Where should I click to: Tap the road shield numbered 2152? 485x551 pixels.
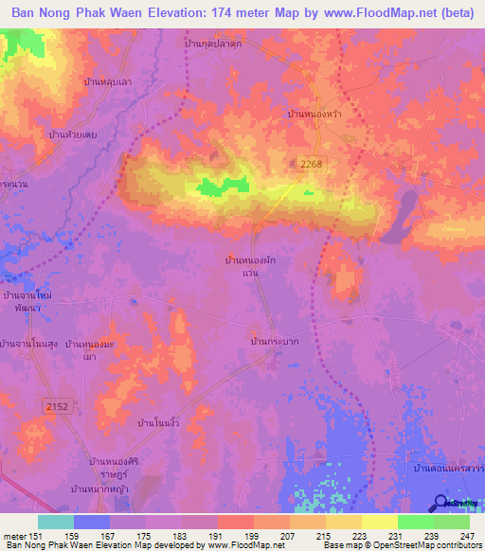[x=57, y=405]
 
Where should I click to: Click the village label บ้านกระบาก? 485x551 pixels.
[x=275, y=341]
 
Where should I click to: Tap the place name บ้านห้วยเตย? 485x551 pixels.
[x=73, y=134]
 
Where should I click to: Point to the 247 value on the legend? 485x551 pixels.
[x=466, y=536]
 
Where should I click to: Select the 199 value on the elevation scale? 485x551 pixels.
[x=250, y=536]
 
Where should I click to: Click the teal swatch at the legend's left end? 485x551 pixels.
[x=56, y=522]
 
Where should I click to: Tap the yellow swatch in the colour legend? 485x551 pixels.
[x=379, y=522]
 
